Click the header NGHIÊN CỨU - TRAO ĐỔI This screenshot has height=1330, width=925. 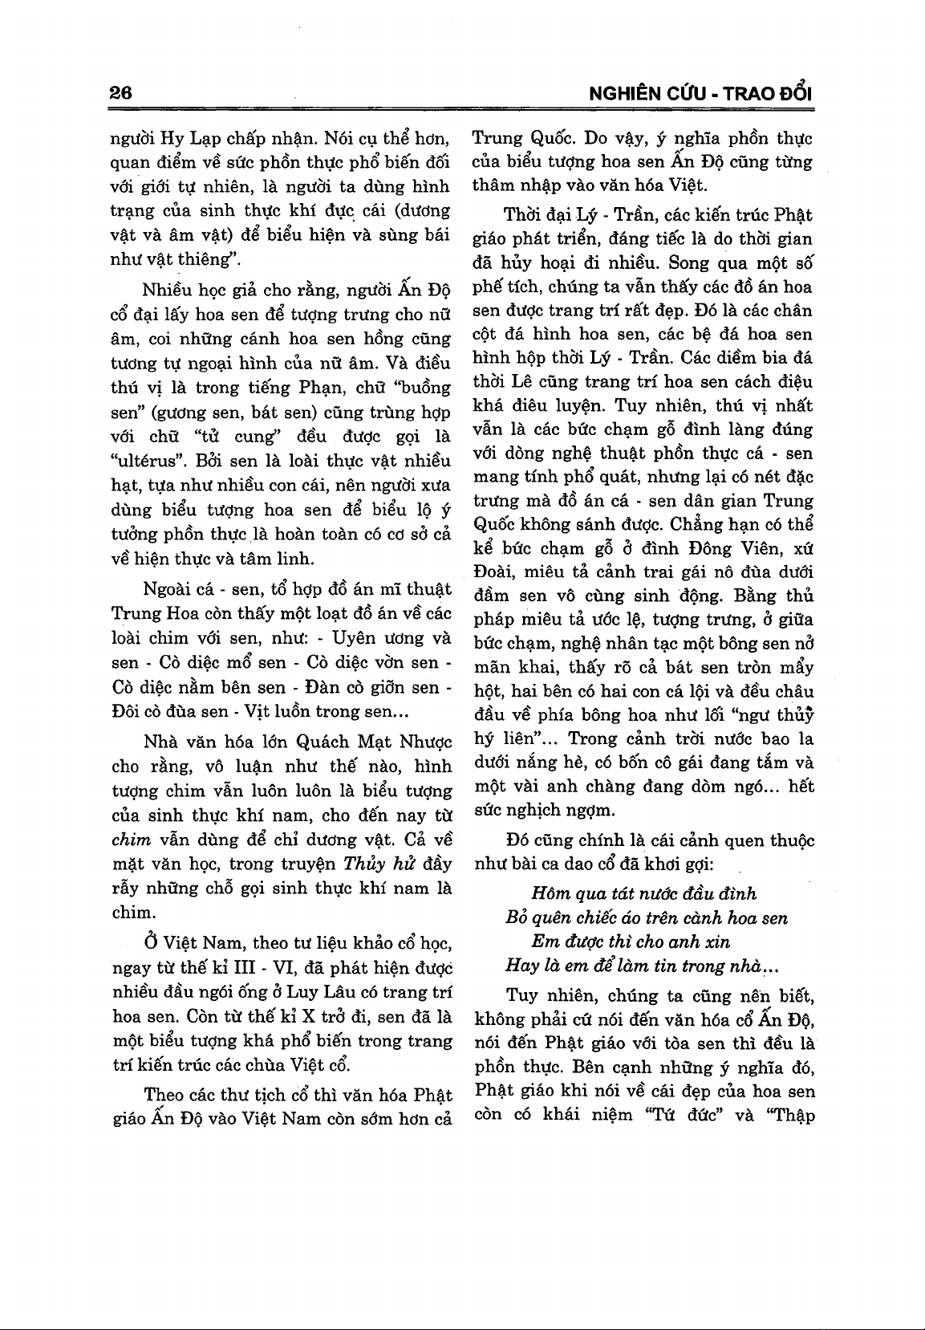tap(700, 93)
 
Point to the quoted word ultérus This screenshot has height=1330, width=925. tap(146, 462)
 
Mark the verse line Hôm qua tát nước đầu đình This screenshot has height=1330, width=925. tap(643, 894)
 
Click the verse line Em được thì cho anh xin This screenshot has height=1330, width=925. tap(631, 942)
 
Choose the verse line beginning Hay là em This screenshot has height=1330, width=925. tap(644, 966)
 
